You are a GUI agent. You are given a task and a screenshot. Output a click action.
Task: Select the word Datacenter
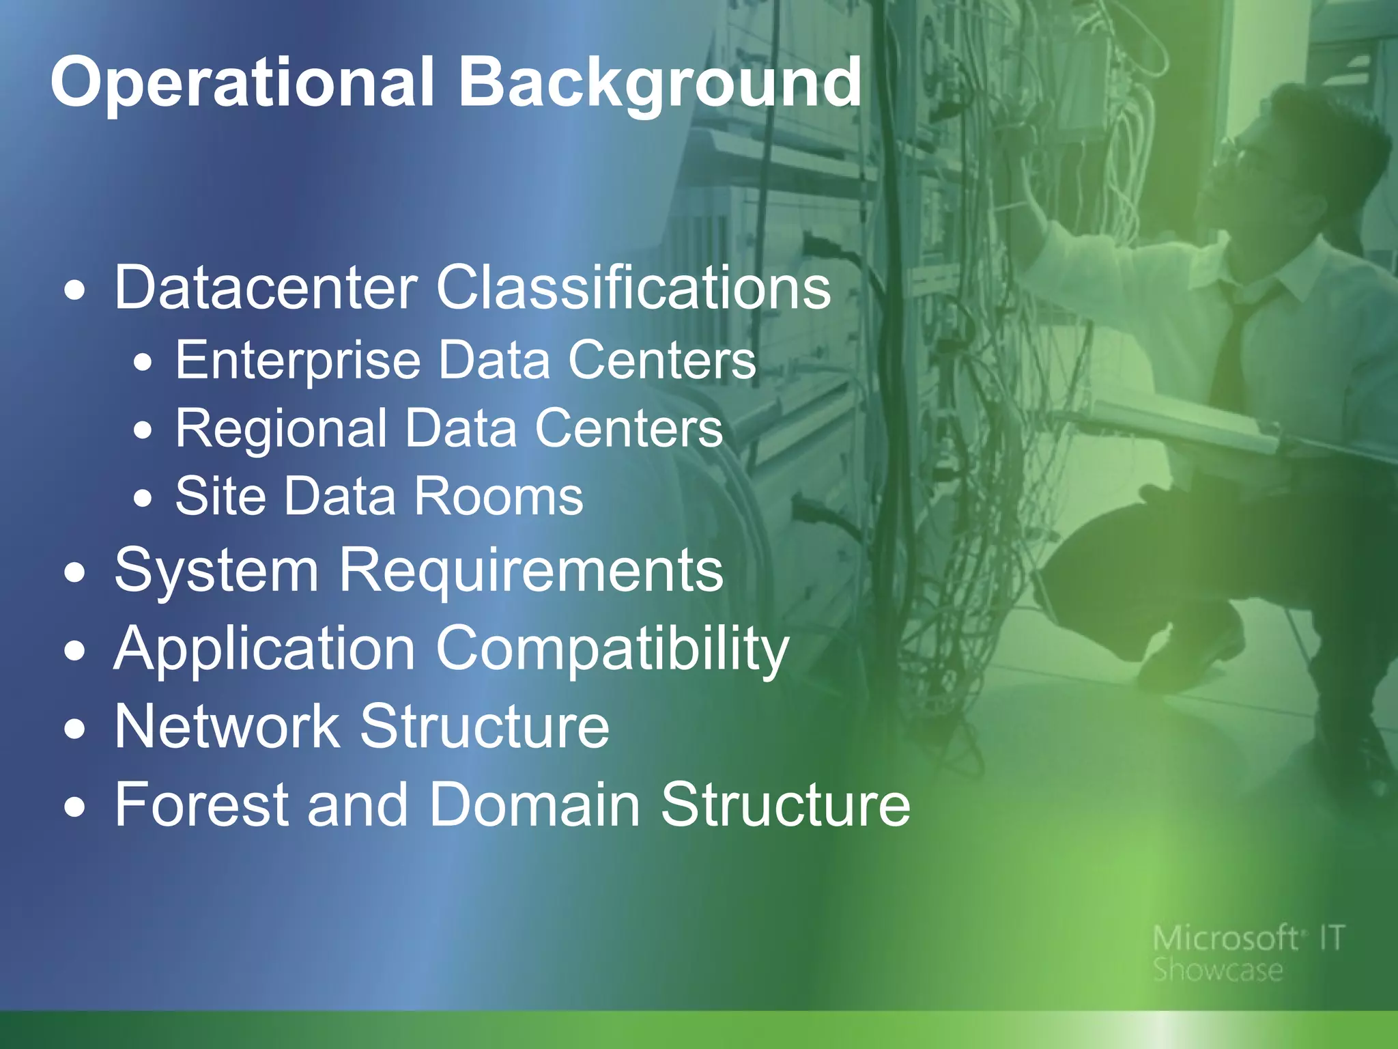click(x=266, y=288)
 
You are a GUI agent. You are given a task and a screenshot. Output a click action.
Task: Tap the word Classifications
click(x=633, y=288)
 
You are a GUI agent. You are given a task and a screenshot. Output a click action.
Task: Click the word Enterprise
click(x=298, y=360)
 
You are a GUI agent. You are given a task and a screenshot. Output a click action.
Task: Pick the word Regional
click(x=282, y=428)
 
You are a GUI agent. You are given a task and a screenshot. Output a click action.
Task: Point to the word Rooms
click(x=498, y=496)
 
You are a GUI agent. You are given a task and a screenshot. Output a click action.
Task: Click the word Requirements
click(x=530, y=570)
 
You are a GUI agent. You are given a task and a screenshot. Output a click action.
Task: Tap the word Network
click(x=227, y=726)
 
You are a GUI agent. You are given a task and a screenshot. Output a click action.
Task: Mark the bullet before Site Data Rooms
click(x=143, y=498)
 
